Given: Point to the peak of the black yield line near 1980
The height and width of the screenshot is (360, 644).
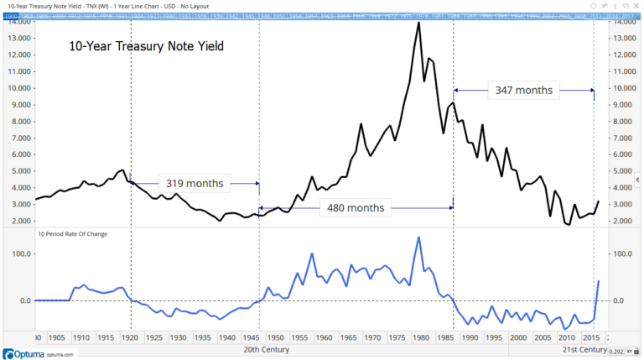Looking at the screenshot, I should coord(418,23).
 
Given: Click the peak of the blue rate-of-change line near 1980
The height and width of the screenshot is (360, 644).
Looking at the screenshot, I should coord(418,237).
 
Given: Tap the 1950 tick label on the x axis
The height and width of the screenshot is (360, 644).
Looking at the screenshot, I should coord(274,337).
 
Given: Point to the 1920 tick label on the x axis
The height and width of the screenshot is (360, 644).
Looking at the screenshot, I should coord(129,337).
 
